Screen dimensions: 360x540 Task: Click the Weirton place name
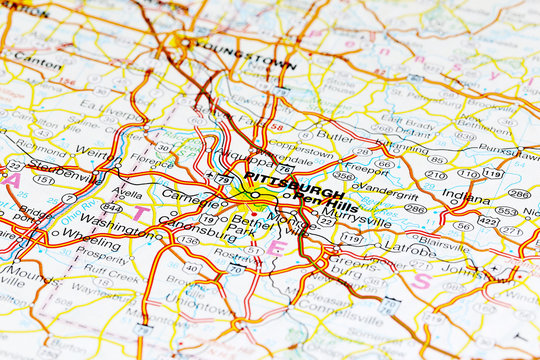pyautogui.click(x=93, y=152)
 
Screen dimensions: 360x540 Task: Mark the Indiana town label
pyautogui.click(x=466, y=197)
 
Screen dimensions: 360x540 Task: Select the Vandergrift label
pyautogui.click(x=385, y=185)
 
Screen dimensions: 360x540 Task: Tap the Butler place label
pyautogui.click(x=334, y=135)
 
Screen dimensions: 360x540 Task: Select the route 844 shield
pyautogui.click(x=111, y=206)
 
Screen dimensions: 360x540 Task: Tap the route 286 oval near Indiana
pyautogui.click(x=518, y=194)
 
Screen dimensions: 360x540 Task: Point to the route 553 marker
pyautogui.click(x=506, y=211)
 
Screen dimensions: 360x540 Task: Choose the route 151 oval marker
pyautogui.click(x=43, y=180)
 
